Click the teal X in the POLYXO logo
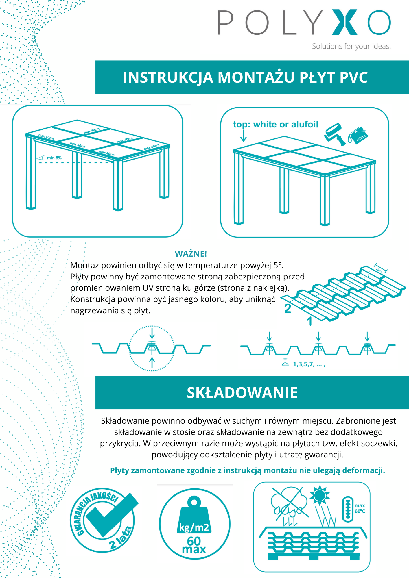tap(344, 22)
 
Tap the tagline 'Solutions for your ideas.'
tap(351, 46)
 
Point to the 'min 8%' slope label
tap(54, 158)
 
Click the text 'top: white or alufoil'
tap(275, 125)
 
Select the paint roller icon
tap(335, 134)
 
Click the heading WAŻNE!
tap(191, 254)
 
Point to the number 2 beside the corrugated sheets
tap(288, 309)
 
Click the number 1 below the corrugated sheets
tap(309, 321)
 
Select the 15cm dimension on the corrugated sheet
tap(379, 269)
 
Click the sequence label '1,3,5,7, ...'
tap(309, 364)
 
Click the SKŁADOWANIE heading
tap(242, 393)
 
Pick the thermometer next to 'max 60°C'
tap(348, 509)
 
